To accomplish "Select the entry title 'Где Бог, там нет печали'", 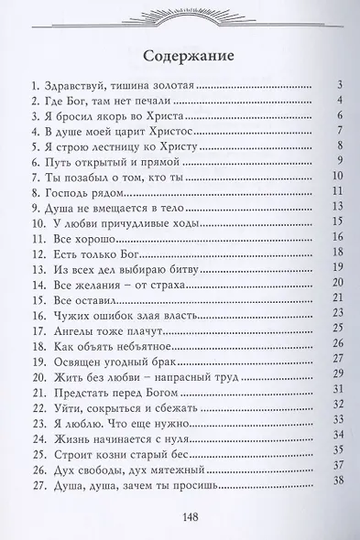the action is click(103, 100).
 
